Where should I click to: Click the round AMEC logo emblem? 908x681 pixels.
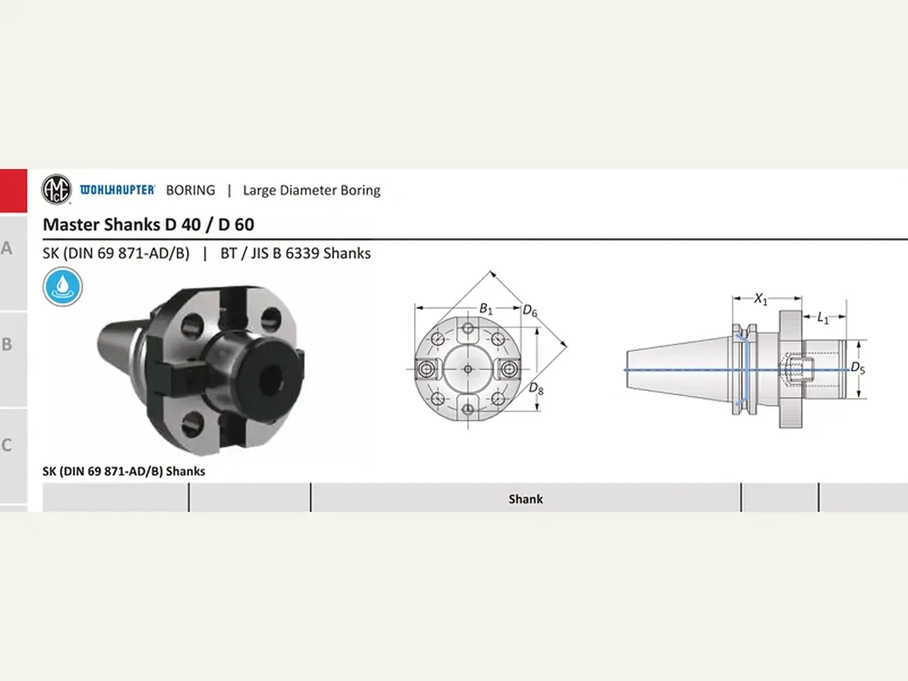(57, 190)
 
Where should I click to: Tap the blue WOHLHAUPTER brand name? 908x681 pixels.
(117, 190)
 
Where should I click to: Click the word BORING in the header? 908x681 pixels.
(191, 190)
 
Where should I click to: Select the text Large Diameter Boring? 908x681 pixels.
(312, 190)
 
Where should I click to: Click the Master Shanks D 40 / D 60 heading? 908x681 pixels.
(149, 225)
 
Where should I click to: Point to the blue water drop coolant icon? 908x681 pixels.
(62, 287)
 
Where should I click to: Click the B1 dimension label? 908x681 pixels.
(486, 309)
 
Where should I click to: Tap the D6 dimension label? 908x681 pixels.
(530, 310)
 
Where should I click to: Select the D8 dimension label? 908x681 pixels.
(536, 389)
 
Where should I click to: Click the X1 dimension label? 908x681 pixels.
(761, 299)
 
